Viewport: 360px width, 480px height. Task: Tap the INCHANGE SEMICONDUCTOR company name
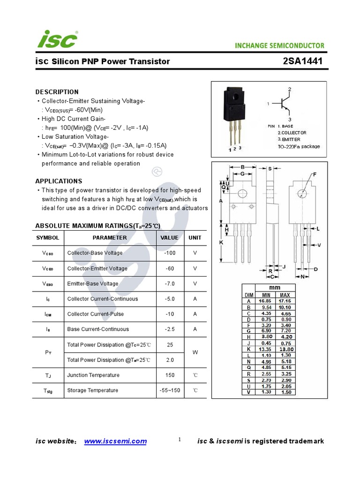[x=279, y=45]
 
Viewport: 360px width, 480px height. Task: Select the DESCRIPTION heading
[x=57, y=92]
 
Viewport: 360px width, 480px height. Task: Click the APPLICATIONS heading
[x=59, y=181]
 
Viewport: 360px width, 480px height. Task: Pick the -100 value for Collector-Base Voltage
[x=169, y=253]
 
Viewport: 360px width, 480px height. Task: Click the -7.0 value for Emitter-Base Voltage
[x=169, y=284]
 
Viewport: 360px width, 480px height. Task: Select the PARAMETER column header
[x=110, y=238]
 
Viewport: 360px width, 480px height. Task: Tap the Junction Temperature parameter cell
[x=93, y=375]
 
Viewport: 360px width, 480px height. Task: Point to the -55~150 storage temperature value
[x=169, y=390]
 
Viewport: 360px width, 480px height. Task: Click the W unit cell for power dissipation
[x=195, y=352]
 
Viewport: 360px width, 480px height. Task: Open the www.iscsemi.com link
[x=115, y=441]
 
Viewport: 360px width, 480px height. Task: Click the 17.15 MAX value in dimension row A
[x=285, y=301]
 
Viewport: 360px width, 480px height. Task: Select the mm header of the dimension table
[x=274, y=287]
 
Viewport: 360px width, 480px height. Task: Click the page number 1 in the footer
[x=180, y=440]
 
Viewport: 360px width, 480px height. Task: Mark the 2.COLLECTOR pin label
[x=292, y=133]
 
